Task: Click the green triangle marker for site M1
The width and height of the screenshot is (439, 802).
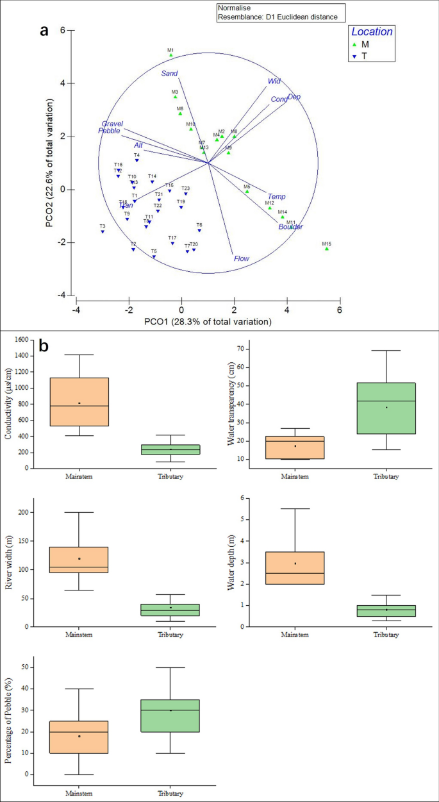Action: (x=171, y=56)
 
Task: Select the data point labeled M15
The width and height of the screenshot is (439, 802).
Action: (x=327, y=249)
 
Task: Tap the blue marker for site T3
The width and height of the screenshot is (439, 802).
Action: (x=103, y=231)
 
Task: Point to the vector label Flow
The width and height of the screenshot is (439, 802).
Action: (x=241, y=259)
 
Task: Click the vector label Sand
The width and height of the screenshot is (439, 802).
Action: (x=169, y=74)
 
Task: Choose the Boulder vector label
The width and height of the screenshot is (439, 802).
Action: (x=290, y=227)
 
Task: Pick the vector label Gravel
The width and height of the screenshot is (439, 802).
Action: (x=112, y=124)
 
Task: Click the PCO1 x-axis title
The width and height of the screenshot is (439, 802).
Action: (x=208, y=322)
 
